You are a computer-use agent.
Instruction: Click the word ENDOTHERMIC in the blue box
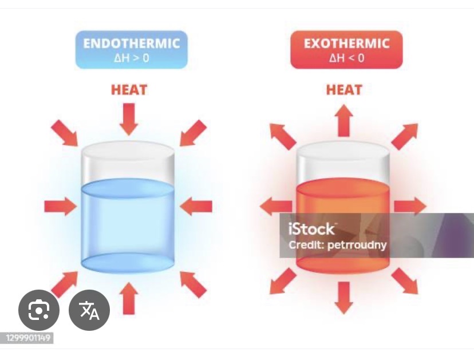point(132,43)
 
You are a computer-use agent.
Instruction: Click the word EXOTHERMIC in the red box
point(346,43)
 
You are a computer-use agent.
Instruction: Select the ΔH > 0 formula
point(132,58)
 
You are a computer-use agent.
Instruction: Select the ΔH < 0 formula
point(346,58)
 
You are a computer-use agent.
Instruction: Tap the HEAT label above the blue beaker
point(129,90)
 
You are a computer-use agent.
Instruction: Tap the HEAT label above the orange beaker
point(344,90)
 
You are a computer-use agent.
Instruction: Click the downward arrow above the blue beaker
point(129,119)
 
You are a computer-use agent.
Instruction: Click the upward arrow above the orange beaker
point(343,120)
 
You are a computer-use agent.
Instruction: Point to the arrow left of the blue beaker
point(61,207)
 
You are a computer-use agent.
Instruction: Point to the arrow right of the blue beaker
point(196,207)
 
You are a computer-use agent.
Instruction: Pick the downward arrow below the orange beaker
point(343,298)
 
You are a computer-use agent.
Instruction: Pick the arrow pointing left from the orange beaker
point(276,207)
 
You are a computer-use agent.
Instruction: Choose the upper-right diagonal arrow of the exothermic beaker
point(405,136)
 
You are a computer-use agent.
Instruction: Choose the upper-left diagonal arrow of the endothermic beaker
point(64,133)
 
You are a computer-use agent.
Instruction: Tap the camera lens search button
point(39,310)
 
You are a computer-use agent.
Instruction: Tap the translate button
point(89,310)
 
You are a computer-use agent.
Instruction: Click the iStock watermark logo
point(311,229)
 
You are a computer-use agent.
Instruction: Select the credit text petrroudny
point(357,245)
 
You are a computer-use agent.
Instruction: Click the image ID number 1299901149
point(28,338)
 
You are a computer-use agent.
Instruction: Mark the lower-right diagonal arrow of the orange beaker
point(405,281)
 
